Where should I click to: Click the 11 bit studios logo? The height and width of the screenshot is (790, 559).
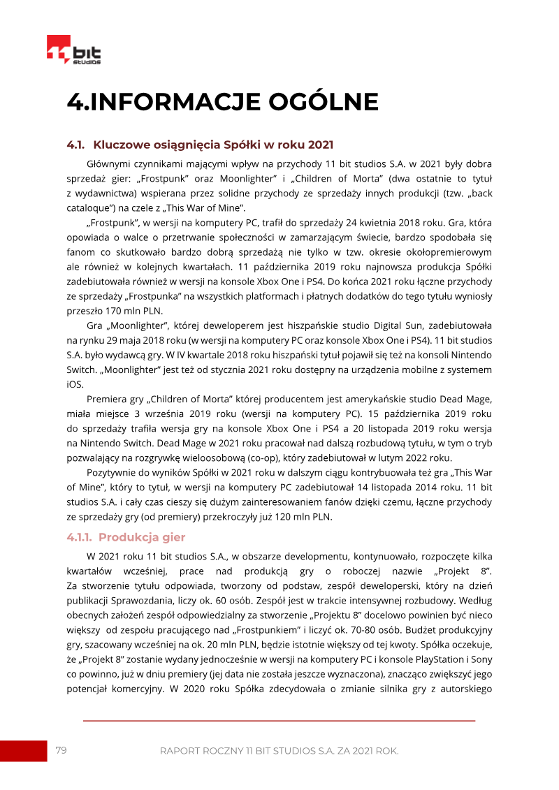[x=73, y=50]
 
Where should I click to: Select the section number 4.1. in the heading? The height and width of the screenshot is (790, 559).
[x=75, y=145]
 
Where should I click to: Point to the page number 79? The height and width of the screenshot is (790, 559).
[x=61, y=750]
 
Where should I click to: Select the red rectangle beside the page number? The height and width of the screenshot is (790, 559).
[x=22, y=751]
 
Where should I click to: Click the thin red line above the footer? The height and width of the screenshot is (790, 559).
[x=279, y=720]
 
